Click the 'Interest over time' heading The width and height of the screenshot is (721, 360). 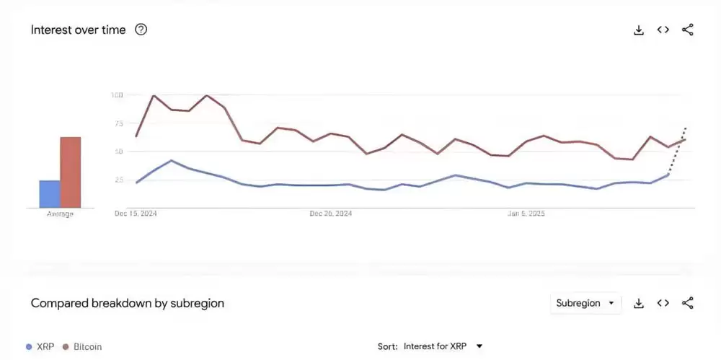click(78, 30)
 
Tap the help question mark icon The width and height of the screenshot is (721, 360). click(141, 30)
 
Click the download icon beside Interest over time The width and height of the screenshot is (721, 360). click(638, 30)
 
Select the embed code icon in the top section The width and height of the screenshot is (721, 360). click(663, 30)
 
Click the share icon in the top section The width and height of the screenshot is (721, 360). click(688, 30)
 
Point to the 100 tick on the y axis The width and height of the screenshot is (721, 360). click(118, 95)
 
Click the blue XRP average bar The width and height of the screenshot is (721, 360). click(49, 194)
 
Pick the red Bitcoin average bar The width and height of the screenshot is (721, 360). click(70, 172)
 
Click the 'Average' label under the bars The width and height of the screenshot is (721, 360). click(60, 214)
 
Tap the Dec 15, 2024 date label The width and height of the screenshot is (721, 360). click(136, 214)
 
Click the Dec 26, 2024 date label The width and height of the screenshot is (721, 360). click(330, 214)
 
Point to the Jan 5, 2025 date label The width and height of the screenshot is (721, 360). click(527, 214)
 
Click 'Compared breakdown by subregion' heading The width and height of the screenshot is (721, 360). click(127, 303)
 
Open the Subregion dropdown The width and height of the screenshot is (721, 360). click(585, 303)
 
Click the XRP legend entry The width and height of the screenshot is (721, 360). click(40, 346)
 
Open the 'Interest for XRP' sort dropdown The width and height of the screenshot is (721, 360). click(442, 346)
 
